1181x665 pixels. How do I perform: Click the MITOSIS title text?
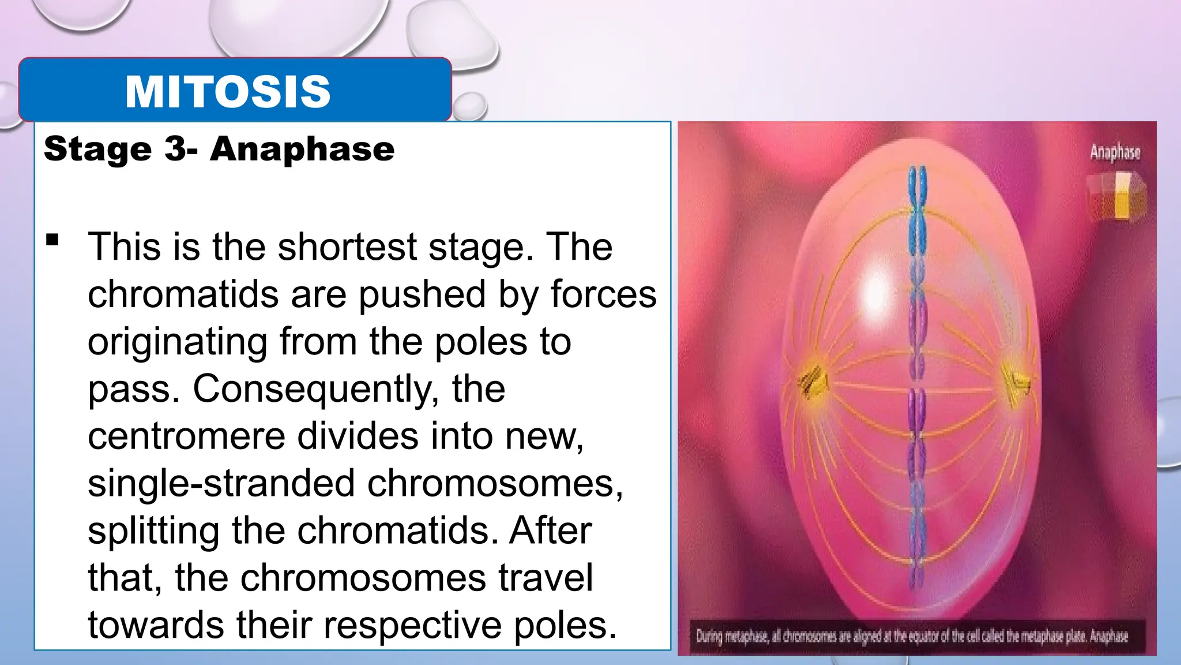pyautogui.click(x=228, y=92)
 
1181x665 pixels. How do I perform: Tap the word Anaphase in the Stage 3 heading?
pyautogui.click(x=302, y=149)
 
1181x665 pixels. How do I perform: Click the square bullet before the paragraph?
pyautogui.click(x=53, y=240)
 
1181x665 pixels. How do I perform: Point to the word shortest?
pyautogui.click(x=348, y=247)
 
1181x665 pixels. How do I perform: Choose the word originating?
pyautogui.click(x=178, y=342)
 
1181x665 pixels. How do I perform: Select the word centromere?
pyautogui.click(x=186, y=436)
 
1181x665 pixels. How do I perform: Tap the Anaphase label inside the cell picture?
pyautogui.click(x=1115, y=152)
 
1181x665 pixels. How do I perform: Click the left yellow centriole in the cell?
pyautogui.click(x=812, y=382)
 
